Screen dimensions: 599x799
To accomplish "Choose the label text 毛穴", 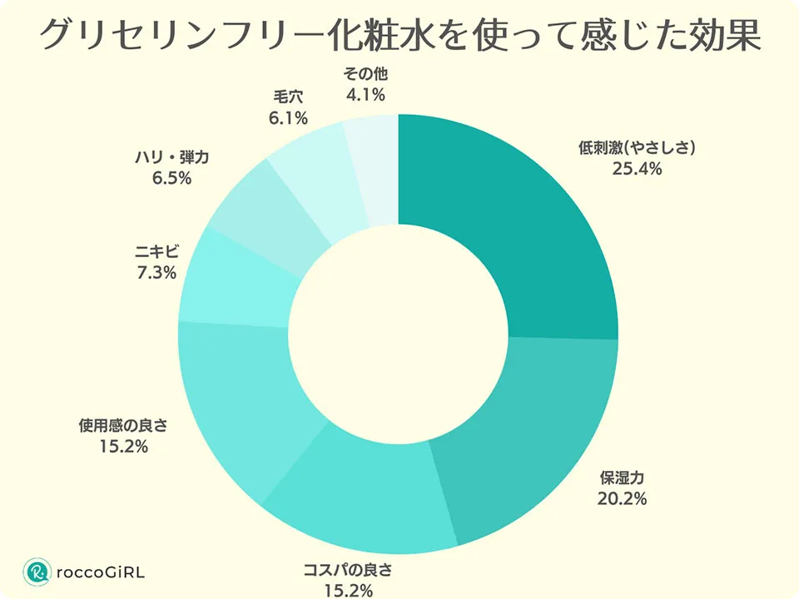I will point(287,97).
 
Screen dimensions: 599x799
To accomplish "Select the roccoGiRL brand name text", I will point(101,572).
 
